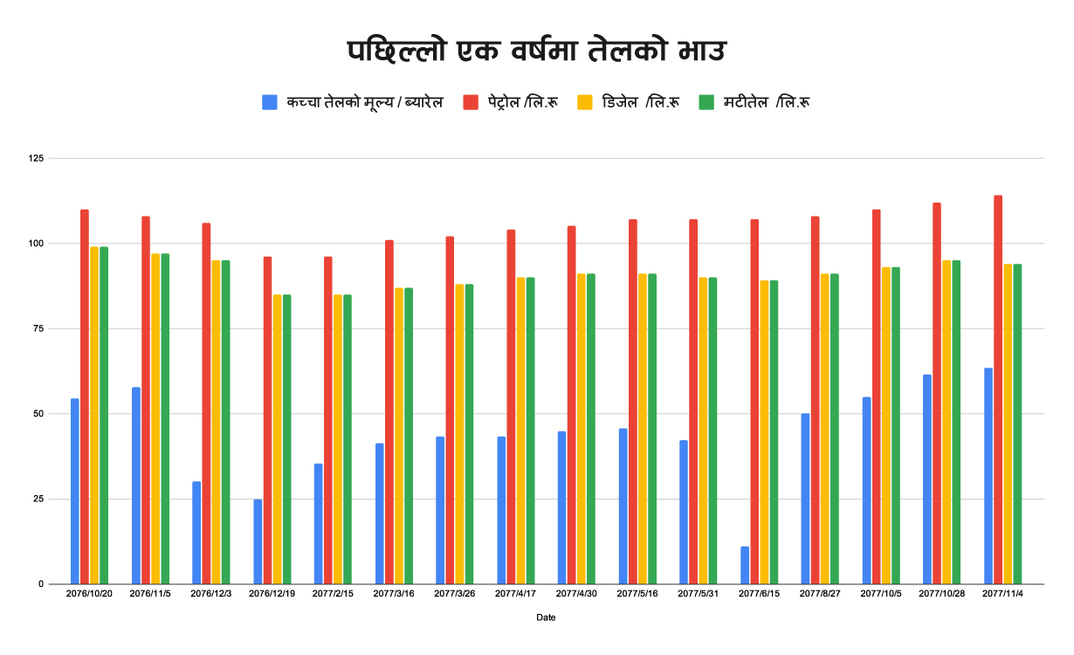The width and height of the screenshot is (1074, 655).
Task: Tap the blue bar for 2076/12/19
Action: point(258,541)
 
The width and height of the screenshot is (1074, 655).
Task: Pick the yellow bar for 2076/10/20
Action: point(94,415)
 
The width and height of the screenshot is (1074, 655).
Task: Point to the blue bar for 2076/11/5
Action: point(136,486)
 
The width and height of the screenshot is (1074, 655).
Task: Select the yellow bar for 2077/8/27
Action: point(825,429)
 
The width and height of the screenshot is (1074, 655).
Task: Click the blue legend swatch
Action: point(270,102)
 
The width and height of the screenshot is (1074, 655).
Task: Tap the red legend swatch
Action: point(471,102)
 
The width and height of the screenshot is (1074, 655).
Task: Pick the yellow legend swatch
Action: point(585,102)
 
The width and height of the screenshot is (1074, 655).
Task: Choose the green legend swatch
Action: point(706,102)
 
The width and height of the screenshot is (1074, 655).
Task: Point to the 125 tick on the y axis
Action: point(35,158)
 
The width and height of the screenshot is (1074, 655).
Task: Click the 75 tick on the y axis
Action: point(37,328)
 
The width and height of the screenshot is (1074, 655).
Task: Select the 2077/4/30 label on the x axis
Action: point(577,594)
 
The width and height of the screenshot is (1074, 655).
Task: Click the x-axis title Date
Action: point(546,617)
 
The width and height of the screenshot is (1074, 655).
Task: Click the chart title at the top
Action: point(536,52)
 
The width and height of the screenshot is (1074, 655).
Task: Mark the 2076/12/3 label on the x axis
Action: point(211,594)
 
